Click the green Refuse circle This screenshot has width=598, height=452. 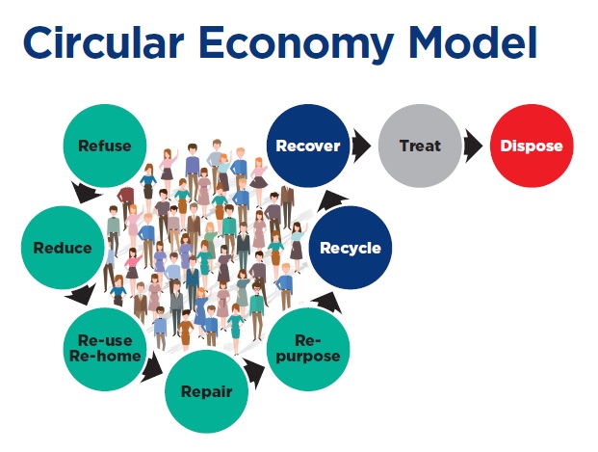click(x=105, y=146)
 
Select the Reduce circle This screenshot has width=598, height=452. click(x=63, y=248)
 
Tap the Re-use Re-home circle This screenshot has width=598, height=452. click(x=105, y=349)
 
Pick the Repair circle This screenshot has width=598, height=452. click(x=206, y=391)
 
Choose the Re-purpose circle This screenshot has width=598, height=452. click(x=308, y=349)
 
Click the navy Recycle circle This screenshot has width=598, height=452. click(x=351, y=248)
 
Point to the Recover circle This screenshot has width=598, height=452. click(x=308, y=146)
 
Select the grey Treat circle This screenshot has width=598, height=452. click(x=420, y=146)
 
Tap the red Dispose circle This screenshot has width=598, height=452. click(x=532, y=146)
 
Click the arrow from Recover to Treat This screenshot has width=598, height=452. click(x=361, y=146)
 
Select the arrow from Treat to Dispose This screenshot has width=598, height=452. click(x=473, y=146)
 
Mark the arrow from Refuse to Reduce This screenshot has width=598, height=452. click(x=86, y=193)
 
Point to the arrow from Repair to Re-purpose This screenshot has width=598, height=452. click(x=254, y=373)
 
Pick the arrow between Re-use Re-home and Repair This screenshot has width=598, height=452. click(x=151, y=367)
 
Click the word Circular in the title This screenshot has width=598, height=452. click(x=104, y=42)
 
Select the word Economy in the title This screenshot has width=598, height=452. click(x=297, y=45)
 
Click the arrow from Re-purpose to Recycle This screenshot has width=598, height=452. click(x=328, y=302)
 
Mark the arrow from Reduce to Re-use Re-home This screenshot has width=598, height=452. click(x=81, y=295)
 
